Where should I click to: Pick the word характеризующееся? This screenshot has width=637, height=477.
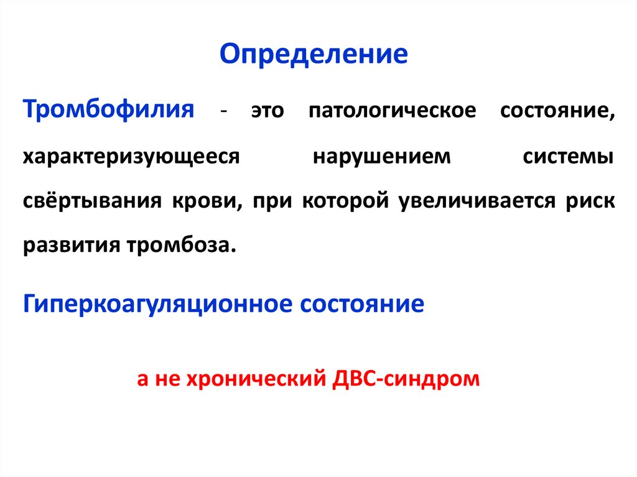pyautogui.click(x=132, y=156)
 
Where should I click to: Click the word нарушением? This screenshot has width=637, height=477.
pyautogui.click(x=381, y=156)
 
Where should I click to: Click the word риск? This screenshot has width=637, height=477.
pyautogui.click(x=584, y=201)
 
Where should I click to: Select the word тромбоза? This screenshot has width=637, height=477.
pyautogui.click(x=189, y=245)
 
